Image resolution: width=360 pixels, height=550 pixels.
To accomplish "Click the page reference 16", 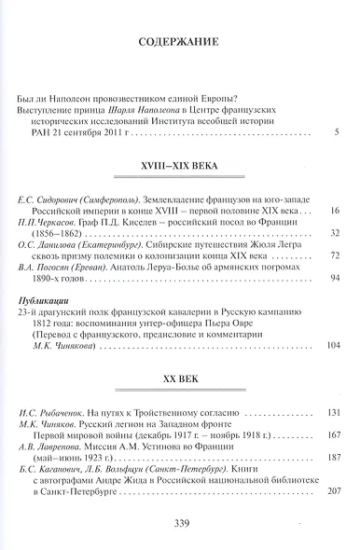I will pyautogui.click(x=333, y=213).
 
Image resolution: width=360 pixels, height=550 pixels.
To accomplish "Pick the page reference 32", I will pyautogui.click(x=333, y=232).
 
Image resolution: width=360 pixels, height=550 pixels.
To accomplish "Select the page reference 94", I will pyautogui.click(x=333, y=279).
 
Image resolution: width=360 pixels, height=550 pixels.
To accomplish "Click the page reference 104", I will pyautogui.click(x=331, y=344).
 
